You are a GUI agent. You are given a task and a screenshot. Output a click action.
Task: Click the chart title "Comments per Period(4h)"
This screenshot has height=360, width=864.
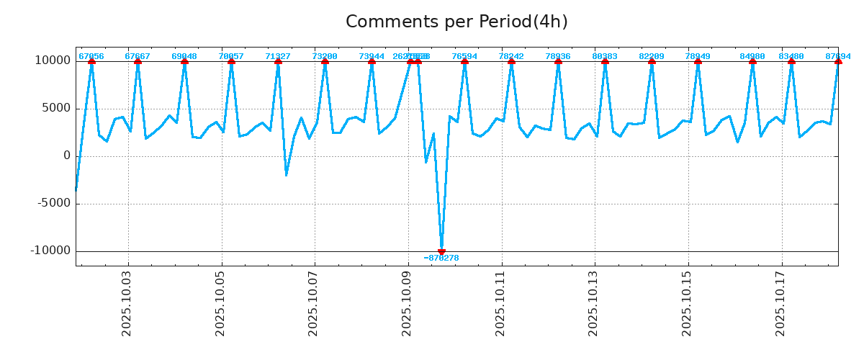tap(456, 22)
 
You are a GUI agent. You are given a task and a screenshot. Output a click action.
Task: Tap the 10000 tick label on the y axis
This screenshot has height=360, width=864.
tap(53, 60)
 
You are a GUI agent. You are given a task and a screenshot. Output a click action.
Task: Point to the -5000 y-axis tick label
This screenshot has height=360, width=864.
tap(51, 203)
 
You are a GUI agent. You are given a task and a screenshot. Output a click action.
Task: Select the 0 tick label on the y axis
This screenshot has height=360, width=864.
tap(67, 156)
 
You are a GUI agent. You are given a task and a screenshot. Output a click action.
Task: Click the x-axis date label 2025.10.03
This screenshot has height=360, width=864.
tap(128, 305)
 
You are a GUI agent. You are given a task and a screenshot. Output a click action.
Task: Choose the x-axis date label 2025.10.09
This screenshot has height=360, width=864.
tap(408, 305)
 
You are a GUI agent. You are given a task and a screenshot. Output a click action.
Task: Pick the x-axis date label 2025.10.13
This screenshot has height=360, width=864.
tap(594, 305)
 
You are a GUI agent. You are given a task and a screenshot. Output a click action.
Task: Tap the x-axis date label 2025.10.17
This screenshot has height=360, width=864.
tap(780, 305)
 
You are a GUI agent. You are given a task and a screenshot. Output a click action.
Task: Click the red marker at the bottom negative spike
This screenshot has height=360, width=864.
tap(441, 252)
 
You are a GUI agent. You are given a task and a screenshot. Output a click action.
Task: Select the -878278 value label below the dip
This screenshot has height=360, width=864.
tap(441, 258)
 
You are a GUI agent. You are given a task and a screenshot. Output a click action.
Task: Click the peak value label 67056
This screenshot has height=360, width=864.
tap(91, 56)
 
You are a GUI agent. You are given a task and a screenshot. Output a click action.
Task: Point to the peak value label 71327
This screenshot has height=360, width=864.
tap(278, 56)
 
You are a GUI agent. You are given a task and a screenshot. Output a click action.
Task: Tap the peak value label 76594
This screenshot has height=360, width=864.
tap(464, 56)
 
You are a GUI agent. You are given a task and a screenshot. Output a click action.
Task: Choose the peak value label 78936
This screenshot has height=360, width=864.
tap(558, 56)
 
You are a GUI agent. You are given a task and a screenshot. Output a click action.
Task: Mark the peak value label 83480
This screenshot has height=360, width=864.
tap(791, 56)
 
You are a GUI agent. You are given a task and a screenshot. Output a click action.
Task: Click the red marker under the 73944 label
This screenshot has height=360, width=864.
tap(372, 61)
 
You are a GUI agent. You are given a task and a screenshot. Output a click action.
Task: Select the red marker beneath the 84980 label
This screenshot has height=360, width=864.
tap(752, 61)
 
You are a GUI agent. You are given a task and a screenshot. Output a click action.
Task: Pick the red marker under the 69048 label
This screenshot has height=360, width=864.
tap(184, 61)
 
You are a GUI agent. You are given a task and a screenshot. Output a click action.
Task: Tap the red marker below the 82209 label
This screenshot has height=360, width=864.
tap(652, 61)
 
